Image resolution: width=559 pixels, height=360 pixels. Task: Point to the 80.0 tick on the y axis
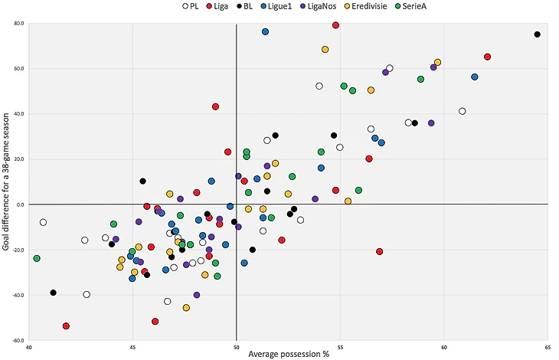[x=18, y=23]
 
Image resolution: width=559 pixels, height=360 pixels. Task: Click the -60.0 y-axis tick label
[x=18, y=341]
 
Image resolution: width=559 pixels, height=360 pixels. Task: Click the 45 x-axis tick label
[x=132, y=347]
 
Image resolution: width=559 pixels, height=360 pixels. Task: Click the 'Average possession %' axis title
[x=289, y=355]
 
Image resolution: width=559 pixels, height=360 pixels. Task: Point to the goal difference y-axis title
[x=7, y=182]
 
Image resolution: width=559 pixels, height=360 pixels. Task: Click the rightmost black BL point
[x=537, y=34]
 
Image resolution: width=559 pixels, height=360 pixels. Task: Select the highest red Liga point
[x=335, y=25]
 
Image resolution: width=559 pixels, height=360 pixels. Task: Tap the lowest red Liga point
[x=66, y=326]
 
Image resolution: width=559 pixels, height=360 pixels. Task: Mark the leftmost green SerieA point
[x=37, y=258]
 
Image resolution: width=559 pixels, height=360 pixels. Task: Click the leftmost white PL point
[x=43, y=222]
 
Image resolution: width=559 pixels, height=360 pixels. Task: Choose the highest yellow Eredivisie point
[x=325, y=49]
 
